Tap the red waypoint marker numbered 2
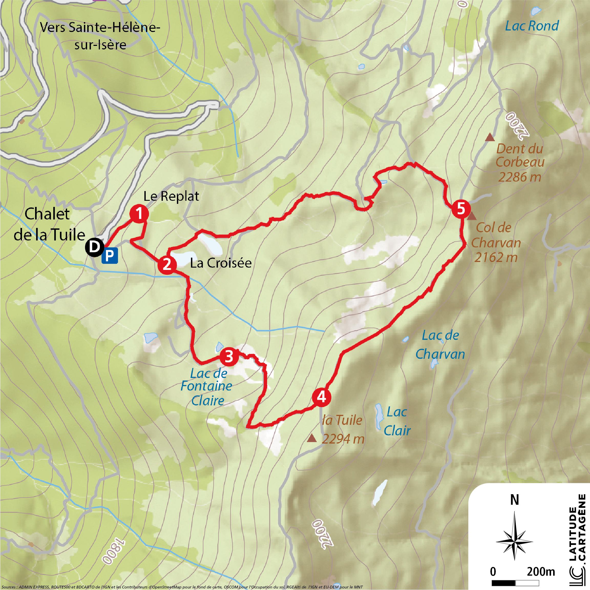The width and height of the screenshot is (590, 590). click(x=167, y=265)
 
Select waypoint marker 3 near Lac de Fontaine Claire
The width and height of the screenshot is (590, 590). click(x=229, y=356)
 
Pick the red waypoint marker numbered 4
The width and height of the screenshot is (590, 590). click(x=321, y=397)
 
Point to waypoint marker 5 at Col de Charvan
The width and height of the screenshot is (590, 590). click(x=461, y=209)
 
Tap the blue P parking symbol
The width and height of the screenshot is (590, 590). click(x=110, y=255)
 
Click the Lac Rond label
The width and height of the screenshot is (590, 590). click(x=532, y=26)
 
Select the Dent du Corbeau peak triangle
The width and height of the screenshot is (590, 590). click(x=490, y=138)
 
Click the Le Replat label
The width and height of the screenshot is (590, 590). click(x=171, y=196)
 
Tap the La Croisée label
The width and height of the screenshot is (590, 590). click(x=221, y=263)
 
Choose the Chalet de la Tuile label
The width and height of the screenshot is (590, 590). click(x=49, y=225)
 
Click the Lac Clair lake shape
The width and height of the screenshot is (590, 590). click(x=379, y=417)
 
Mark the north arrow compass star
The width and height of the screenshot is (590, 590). click(x=514, y=541)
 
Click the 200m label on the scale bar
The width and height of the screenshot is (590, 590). click(x=541, y=571)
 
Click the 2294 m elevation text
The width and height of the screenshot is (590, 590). click(x=343, y=439)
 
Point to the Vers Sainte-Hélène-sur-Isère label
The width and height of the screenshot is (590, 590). click(x=100, y=36)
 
